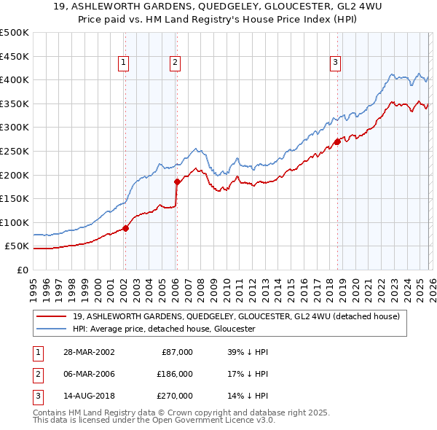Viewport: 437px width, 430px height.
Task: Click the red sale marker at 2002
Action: (x=125, y=228)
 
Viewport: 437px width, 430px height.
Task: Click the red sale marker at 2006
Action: (x=176, y=181)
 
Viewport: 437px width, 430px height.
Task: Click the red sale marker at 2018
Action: (x=336, y=141)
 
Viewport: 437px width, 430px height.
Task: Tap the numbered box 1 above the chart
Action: (x=125, y=63)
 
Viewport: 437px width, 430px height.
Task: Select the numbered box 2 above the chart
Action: (x=176, y=63)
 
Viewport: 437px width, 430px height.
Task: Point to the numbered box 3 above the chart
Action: (x=336, y=63)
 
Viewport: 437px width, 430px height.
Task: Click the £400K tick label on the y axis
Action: (x=15, y=79)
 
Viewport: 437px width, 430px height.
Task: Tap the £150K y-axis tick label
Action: (x=15, y=198)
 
